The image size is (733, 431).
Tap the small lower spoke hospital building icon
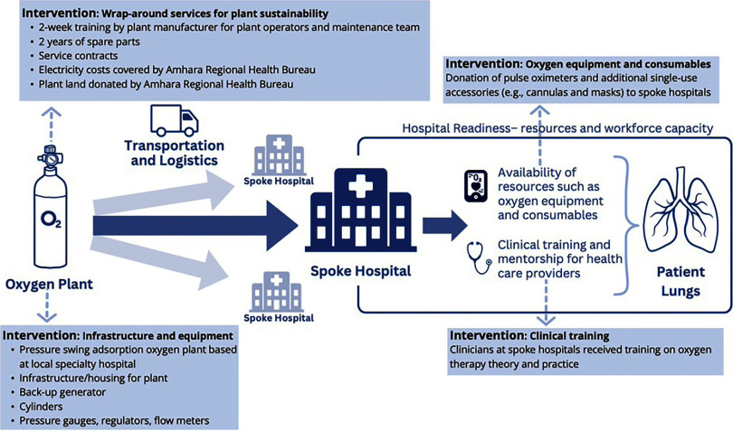pyautogui.click(x=271, y=297)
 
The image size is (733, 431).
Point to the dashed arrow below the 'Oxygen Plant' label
pyautogui.click(x=52, y=310)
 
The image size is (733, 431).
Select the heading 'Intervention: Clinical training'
pyautogui.click(x=529, y=333)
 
